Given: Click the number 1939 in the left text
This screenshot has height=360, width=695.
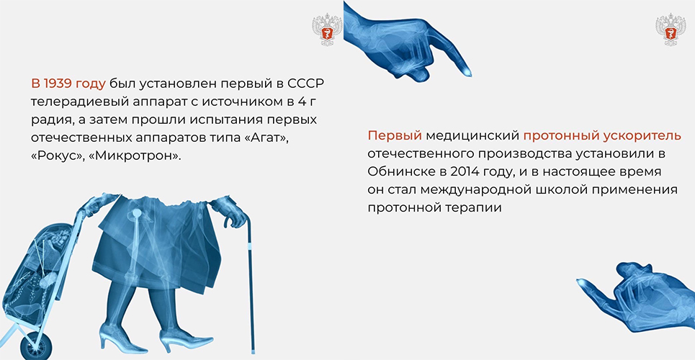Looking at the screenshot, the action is (58, 84).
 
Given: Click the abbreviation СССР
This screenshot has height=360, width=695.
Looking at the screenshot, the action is (303, 84).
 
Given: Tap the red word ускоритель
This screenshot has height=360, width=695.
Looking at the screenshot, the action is (642, 135).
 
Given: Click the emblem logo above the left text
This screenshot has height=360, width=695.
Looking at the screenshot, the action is (327, 30).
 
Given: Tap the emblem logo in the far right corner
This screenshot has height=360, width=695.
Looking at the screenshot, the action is (671, 30).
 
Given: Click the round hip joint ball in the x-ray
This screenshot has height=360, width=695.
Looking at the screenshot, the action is (137, 213).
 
